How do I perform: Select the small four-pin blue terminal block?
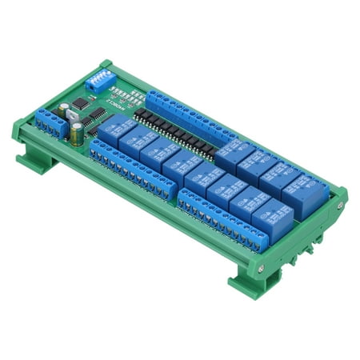tap(49, 122)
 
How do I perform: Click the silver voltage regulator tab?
tap(74, 118)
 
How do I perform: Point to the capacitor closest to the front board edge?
tap(74, 136)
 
